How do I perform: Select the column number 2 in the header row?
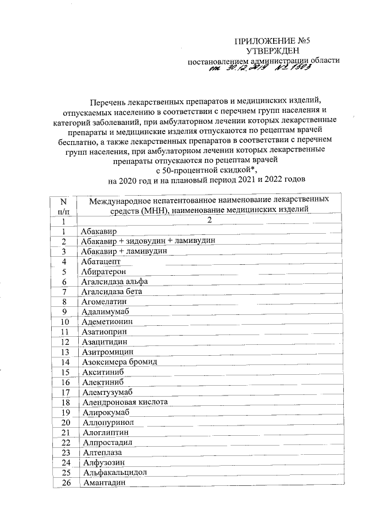209,220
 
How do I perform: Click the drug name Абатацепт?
101,261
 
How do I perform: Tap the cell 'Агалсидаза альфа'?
114,282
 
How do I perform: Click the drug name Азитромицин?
108,352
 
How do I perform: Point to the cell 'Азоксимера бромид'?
119,362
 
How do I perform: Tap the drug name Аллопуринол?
108,423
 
